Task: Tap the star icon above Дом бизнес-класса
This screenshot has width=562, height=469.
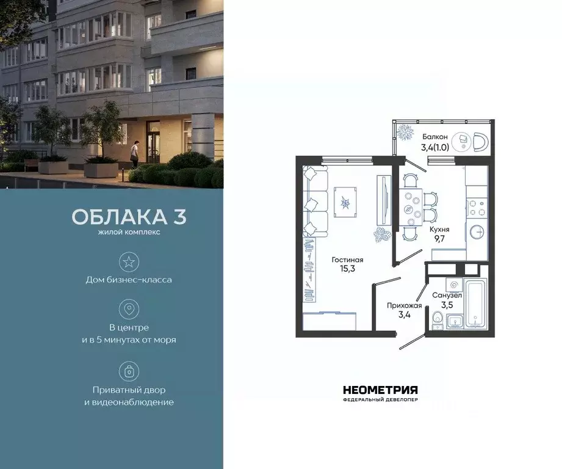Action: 129,262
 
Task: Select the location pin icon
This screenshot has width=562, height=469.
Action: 129,309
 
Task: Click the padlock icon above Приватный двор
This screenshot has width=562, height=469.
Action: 129,371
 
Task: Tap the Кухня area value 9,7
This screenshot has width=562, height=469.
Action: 439,239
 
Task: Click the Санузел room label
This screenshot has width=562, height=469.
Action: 447,295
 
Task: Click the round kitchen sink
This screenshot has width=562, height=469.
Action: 477,232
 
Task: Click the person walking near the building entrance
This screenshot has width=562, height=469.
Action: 137,151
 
